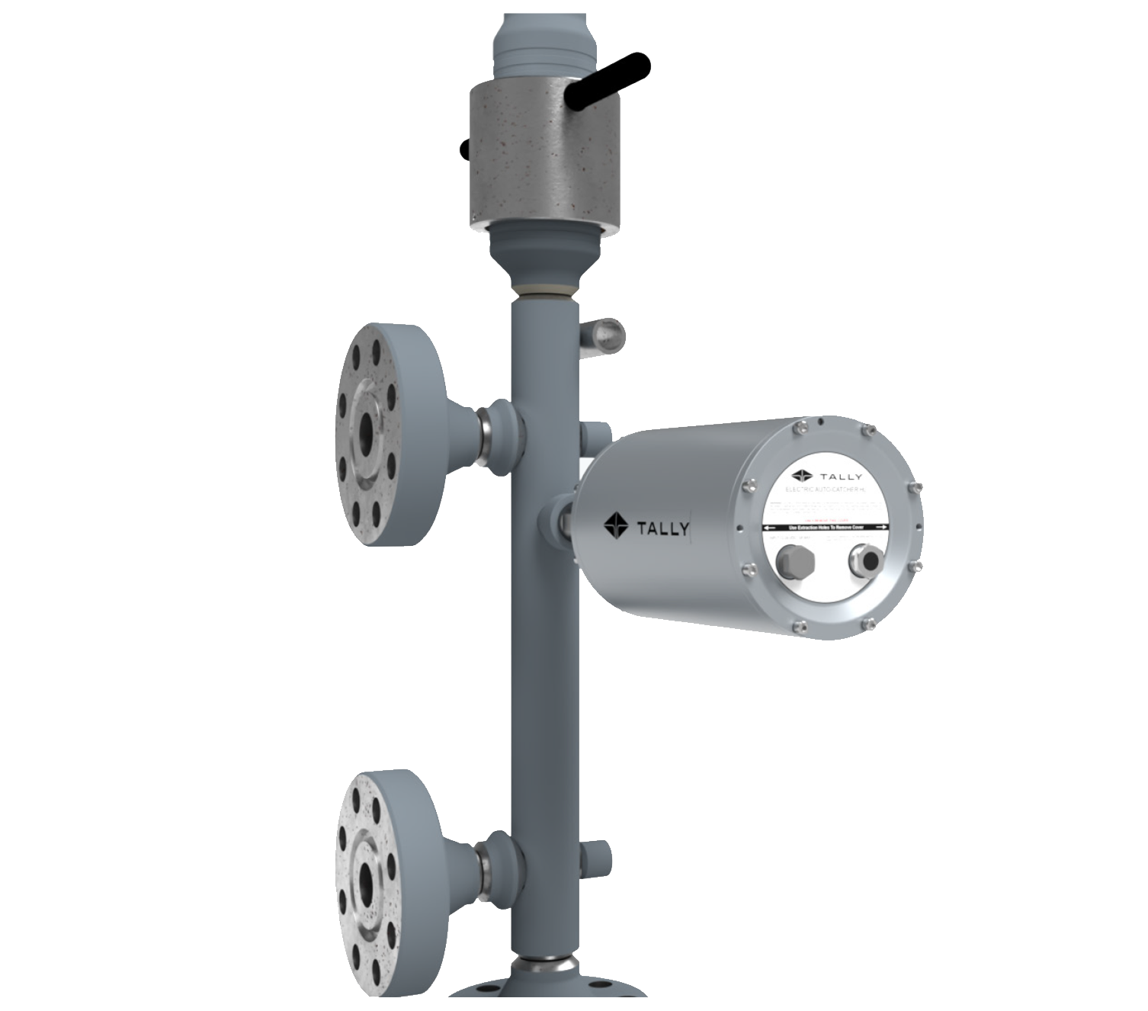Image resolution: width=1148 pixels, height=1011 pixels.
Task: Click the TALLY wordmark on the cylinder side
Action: click(663, 528)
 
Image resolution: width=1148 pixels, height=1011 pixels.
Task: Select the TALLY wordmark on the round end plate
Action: click(841, 477)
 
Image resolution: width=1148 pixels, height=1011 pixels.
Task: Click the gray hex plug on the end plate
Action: click(795, 563)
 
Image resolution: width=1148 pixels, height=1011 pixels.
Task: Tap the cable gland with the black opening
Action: click(866, 559)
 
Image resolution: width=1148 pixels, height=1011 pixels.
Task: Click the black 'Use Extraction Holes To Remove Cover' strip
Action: click(827, 527)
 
